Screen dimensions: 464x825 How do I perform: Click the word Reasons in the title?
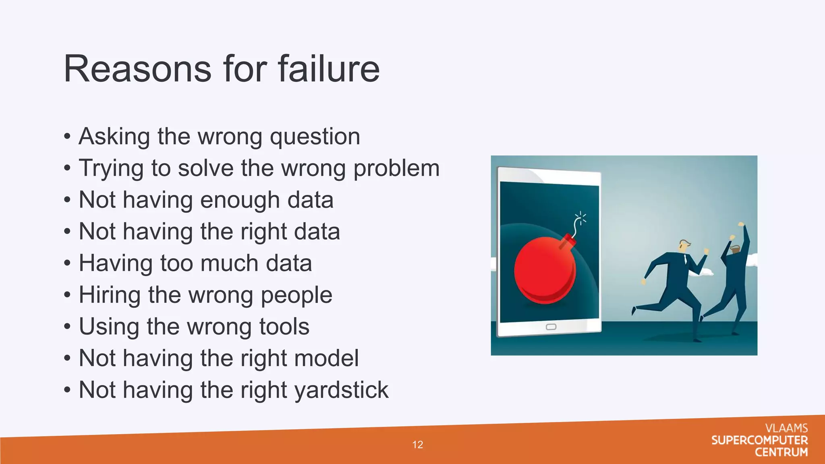coord(137,69)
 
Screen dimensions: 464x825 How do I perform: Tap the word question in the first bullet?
coord(315,137)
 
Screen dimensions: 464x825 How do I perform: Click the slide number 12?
coord(418,445)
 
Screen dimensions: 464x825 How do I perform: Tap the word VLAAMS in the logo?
coord(786,428)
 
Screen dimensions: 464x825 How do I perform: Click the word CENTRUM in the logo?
coord(781,452)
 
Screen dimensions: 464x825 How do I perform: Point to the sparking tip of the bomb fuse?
coord(580,218)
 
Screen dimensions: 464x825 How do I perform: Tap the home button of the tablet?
coord(551,327)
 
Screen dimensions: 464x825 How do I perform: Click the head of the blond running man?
coord(684,245)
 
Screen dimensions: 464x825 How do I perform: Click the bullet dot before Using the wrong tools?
coord(67,327)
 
